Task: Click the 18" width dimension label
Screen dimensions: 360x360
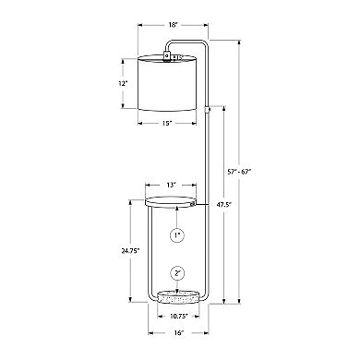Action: pyautogui.click(x=174, y=25)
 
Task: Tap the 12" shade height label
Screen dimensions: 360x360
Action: pyautogui.click(x=123, y=83)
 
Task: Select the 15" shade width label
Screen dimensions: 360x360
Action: pyautogui.click(x=166, y=124)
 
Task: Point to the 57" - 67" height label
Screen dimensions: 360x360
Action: pyautogui.click(x=239, y=172)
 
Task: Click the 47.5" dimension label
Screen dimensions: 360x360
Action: pyautogui.click(x=225, y=204)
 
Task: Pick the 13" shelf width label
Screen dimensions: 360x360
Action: pyautogui.click(x=171, y=185)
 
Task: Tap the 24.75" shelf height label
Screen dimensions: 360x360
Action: pyautogui.click(x=130, y=250)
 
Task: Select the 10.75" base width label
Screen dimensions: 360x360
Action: pyautogui.click(x=178, y=316)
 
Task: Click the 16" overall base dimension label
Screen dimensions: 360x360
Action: pyautogui.click(x=178, y=332)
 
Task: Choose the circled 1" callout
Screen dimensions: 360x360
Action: pyautogui.click(x=177, y=235)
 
